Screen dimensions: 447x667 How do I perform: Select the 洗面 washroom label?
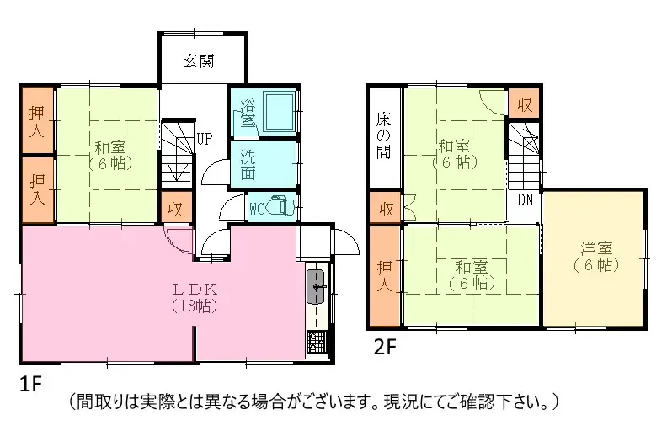[248, 164]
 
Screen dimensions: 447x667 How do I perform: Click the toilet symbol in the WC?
[280, 208]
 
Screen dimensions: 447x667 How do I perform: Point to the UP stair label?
[204, 138]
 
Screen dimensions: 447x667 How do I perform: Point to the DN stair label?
[525, 200]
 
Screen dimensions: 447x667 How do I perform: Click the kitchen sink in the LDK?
[317, 286]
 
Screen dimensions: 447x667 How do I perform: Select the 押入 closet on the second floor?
[385, 276]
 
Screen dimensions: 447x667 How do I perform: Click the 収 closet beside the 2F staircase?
[524, 104]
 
